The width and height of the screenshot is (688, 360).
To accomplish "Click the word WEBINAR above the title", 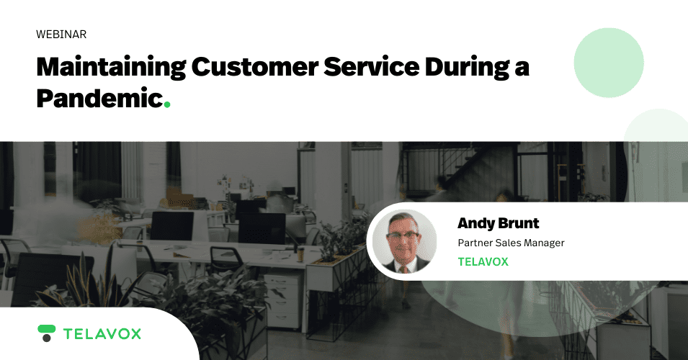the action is (x=61, y=35).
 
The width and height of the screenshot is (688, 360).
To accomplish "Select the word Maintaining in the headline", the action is (x=111, y=68).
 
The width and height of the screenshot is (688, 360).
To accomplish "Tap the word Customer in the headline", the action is (x=254, y=67).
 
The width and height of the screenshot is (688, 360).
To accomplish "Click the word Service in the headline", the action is (x=371, y=67).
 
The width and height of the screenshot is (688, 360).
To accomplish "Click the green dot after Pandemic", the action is (x=167, y=105).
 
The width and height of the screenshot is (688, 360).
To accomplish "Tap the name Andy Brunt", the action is (x=498, y=223).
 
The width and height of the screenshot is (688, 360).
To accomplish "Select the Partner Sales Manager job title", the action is (x=511, y=243).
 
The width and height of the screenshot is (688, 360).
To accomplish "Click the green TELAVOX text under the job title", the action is (x=483, y=262).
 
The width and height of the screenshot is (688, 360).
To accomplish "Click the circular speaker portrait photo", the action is (x=404, y=242).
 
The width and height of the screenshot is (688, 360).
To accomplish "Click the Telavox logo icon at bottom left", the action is (x=47, y=333).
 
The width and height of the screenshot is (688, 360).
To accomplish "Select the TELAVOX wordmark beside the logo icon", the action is (x=102, y=334).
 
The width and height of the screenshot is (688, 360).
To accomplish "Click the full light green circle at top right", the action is (x=609, y=63).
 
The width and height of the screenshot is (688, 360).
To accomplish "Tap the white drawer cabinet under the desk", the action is (x=283, y=301).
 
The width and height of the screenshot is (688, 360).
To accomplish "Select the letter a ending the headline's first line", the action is (x=522, y=69).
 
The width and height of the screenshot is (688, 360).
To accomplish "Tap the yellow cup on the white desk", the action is (x=300, y=254).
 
